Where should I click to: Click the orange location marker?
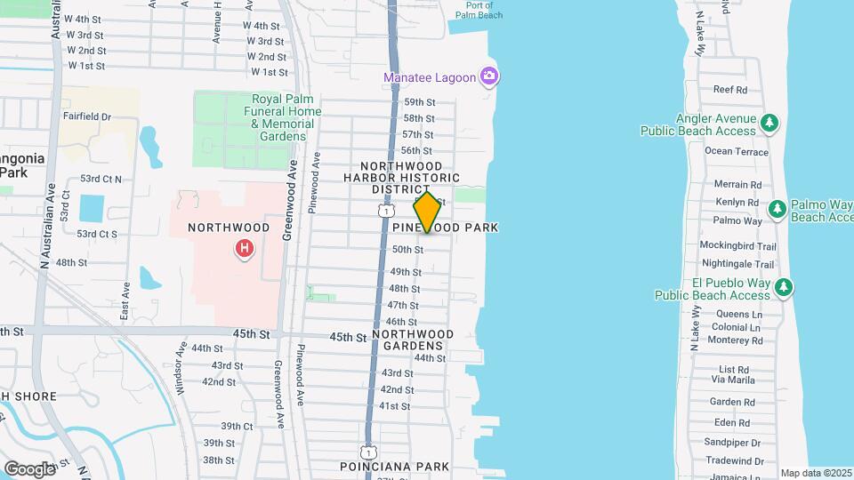tap(427, 212)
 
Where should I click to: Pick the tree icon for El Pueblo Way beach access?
tap(783, 286)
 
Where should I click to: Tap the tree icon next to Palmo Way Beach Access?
tap(777, 208)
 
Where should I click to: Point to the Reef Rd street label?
tap(729, 90)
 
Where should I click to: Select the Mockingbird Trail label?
tap(737, 246)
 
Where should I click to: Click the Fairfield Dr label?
tap(86, 116)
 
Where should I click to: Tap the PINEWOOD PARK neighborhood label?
tap(446, 228)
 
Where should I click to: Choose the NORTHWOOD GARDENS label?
tap(413, 340)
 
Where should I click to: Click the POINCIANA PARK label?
tap(394, 467)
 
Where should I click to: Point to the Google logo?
tap(29, 468)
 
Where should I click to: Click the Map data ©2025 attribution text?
tap(815, 473)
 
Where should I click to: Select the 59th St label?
tap(419, 102)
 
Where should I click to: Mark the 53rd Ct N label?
tap(100, 179)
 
